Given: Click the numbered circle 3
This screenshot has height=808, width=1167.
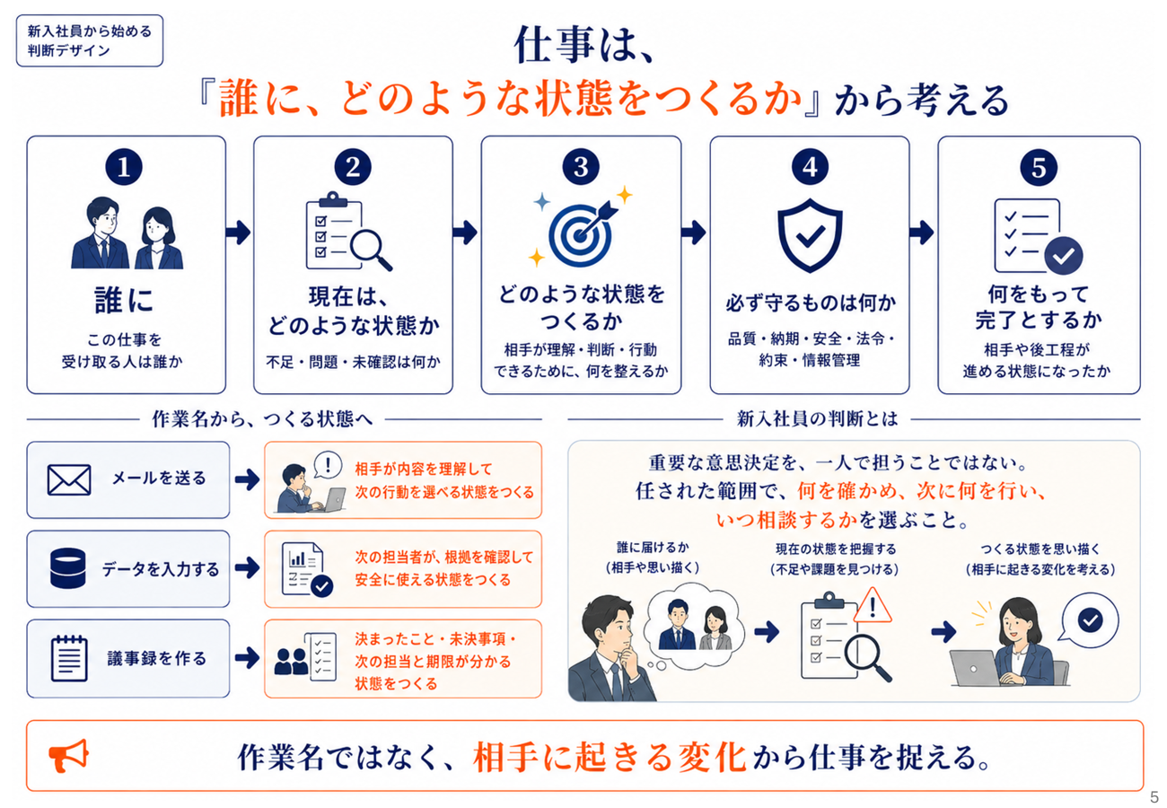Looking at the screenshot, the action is [581, 167].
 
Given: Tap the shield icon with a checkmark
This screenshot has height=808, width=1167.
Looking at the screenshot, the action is [810, 235].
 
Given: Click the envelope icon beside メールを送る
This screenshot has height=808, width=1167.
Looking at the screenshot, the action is [69, 479].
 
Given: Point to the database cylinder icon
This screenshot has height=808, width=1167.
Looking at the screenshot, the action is [67, 567].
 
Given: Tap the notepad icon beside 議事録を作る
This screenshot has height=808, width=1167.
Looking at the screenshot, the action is [69, 658].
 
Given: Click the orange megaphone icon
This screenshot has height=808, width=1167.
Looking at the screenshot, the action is [68, 755].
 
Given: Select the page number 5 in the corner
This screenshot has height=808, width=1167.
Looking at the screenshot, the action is [1154, 797].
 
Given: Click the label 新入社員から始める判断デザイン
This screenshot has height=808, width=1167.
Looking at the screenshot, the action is [90, 40].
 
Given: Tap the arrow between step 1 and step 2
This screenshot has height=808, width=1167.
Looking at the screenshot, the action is [238, 233].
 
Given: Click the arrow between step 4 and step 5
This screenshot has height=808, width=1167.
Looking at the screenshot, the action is [921, 233].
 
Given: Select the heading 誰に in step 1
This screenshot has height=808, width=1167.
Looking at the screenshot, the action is [125, 301].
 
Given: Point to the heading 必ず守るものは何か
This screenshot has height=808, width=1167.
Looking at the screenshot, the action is [811, 303].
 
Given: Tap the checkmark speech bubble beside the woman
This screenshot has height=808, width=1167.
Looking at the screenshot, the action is [1089, 620].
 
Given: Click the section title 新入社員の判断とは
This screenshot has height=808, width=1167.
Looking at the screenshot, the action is [817, 419].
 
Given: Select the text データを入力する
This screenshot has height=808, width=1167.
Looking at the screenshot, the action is [161, 569].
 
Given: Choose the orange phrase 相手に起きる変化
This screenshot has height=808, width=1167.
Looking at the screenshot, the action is [610, 757].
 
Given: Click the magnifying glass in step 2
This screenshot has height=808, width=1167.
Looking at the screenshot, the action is [370, 250].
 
